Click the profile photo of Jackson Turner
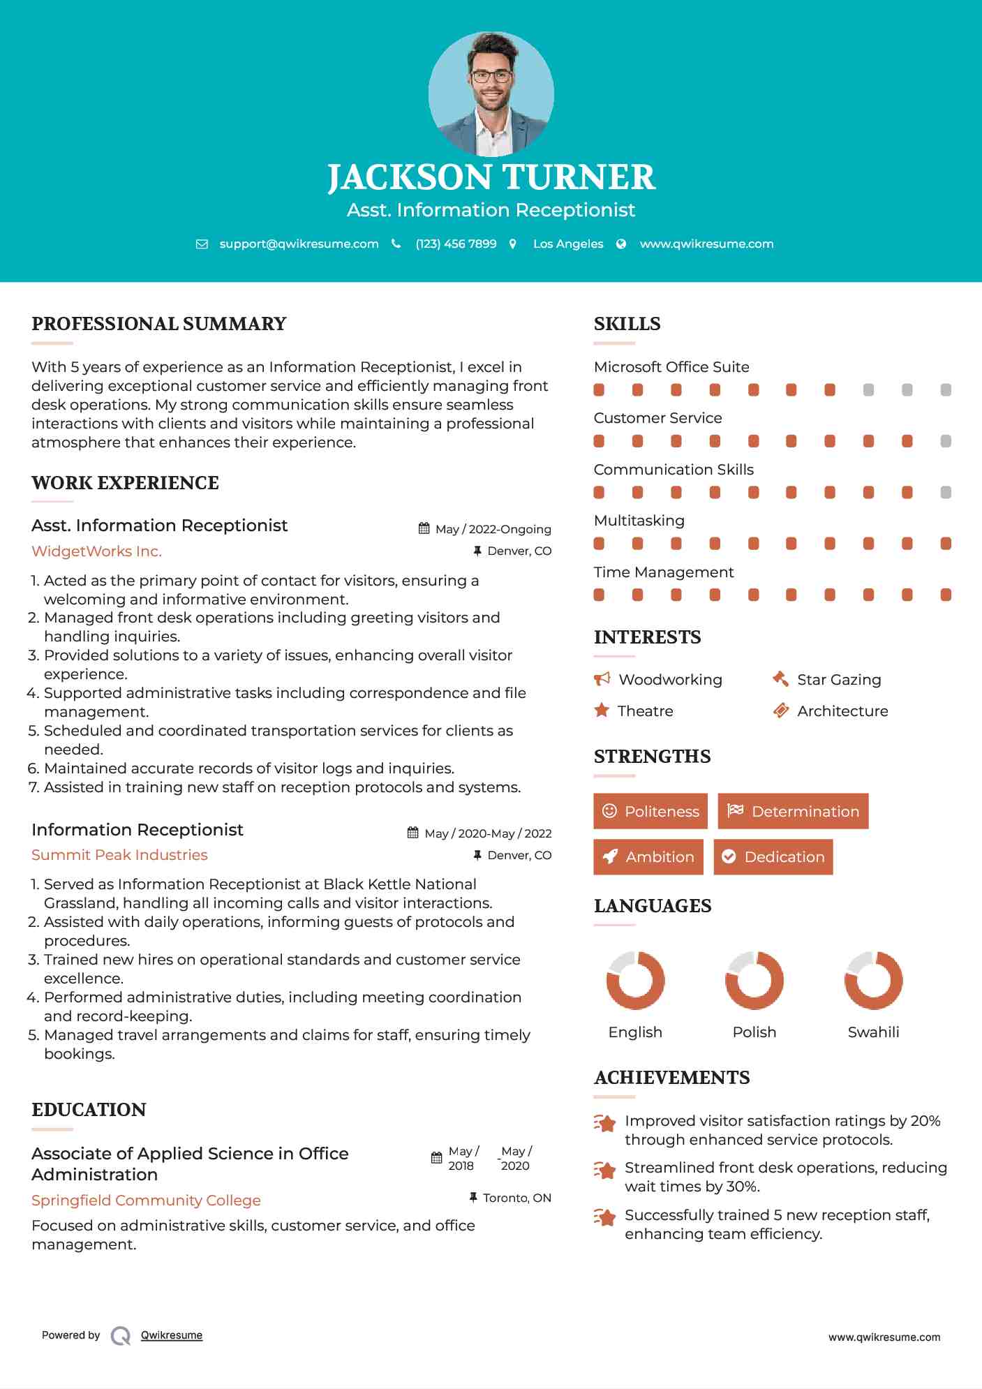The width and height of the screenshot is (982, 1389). [491, 94]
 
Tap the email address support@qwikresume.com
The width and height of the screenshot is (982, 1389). [299, 244]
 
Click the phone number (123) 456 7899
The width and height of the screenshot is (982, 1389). [456, 244]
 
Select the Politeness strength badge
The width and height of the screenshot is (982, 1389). [650, 811]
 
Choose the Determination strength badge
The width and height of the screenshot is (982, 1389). [793, 811]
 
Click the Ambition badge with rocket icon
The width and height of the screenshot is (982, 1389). [648, 856]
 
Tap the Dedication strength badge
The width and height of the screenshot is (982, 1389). [773, 856]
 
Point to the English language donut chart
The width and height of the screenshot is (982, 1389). [635, 980]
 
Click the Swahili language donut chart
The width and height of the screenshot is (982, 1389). [873, 980]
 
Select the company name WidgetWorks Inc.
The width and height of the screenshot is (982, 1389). [96, 551]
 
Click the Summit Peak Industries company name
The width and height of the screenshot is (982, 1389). [119, 855]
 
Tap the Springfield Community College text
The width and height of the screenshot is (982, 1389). [146, 1201]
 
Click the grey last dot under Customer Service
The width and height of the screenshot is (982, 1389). [946, 441]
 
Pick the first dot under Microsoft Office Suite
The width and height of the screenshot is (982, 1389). [599, 390]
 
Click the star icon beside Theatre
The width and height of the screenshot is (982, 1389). [602, 711]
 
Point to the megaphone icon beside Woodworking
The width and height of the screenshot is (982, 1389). [602, 679]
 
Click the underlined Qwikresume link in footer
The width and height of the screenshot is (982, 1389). [172, 1335]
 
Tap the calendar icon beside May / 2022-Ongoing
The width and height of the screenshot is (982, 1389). [424, 528]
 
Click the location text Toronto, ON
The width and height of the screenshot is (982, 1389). [517, 1198]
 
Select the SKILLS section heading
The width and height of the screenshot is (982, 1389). [627, 324]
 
